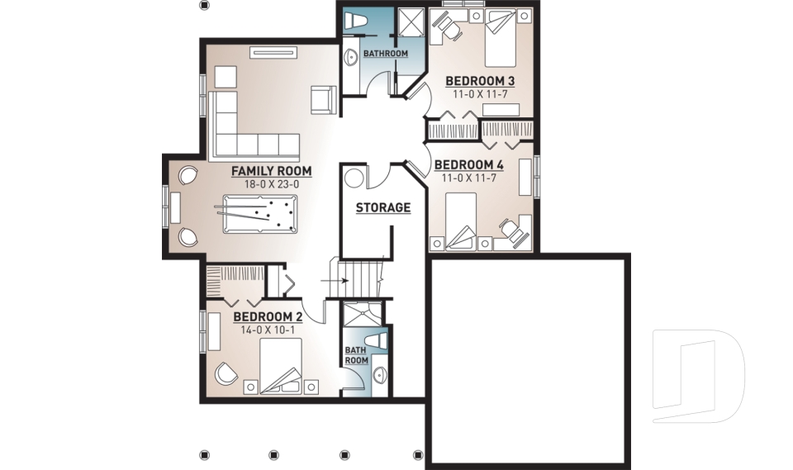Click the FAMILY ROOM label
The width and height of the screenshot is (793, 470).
[x=272, y=172]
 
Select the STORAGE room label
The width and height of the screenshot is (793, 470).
[x=382, y=207]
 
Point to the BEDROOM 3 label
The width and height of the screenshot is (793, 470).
[x=480, y=81]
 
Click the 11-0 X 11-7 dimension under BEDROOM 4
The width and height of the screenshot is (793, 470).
[x=469, y=178]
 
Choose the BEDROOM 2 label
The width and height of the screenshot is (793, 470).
[x=268, y=317]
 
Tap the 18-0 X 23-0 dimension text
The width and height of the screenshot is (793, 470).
[x=272, y=185]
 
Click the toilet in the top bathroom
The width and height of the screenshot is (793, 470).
[x=354, y=21]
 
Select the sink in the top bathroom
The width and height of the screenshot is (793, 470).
[x=352, y=57]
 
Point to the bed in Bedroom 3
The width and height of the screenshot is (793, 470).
[x=501, y=39]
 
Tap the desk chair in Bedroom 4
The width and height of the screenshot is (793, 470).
[x=513, y=230]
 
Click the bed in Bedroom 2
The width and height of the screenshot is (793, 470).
[x=281, y=366]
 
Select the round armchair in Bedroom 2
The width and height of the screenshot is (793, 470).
[x=225, y=373]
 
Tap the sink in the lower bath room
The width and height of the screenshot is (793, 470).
[x=380, y=375]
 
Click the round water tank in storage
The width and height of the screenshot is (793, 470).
[x=354, y=178]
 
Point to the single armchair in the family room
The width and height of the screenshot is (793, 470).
[x=323, y=100]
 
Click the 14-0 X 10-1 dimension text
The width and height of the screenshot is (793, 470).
[x=268, y=330]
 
